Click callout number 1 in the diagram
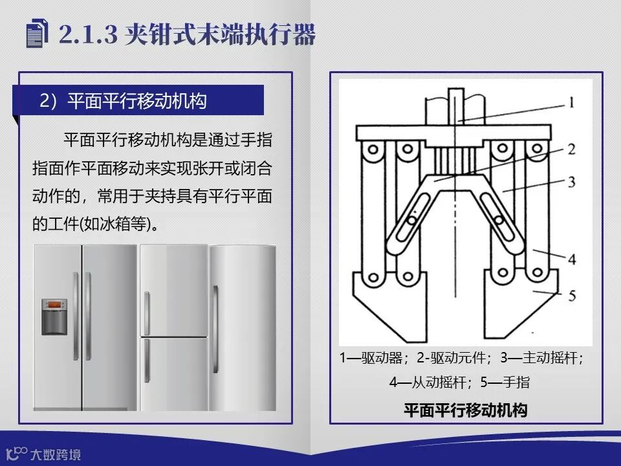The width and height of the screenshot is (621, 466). [x=571, y=103]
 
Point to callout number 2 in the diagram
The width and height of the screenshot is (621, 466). [x=571, y=150]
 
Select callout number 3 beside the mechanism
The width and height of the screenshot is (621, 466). [x=571, y=182]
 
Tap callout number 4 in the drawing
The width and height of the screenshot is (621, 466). [x=572, y=260]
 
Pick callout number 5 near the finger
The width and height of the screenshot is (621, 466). [x=572, y=296]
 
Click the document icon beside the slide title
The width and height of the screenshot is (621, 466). [x=37, y=33]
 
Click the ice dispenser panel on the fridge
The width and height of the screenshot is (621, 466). [x=54, y=316]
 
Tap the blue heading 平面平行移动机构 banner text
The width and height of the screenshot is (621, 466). [x=136, y=101]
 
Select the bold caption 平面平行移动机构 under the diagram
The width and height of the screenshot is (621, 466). [x=466, y=410]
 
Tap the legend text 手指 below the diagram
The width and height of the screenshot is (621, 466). [x=516, y=383]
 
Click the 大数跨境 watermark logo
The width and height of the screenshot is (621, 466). [x=43, y=454]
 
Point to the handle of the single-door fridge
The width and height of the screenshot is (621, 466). [x=215, y=329]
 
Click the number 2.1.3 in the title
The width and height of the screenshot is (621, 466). [x=88, y=34]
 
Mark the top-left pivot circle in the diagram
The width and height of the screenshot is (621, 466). [x=373, y=150]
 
